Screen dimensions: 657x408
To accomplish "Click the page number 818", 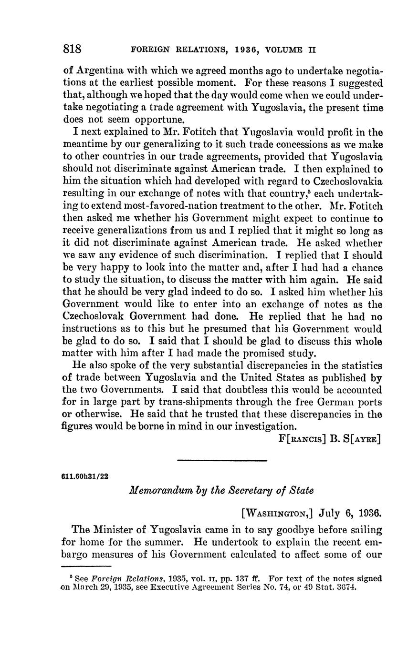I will [x=72, y=49].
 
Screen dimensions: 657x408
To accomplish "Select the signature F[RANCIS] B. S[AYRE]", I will [x=329, y=438].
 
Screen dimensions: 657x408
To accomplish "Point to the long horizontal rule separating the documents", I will [x=222, y=460].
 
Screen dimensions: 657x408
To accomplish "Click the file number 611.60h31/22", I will [x=85, y=476].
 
